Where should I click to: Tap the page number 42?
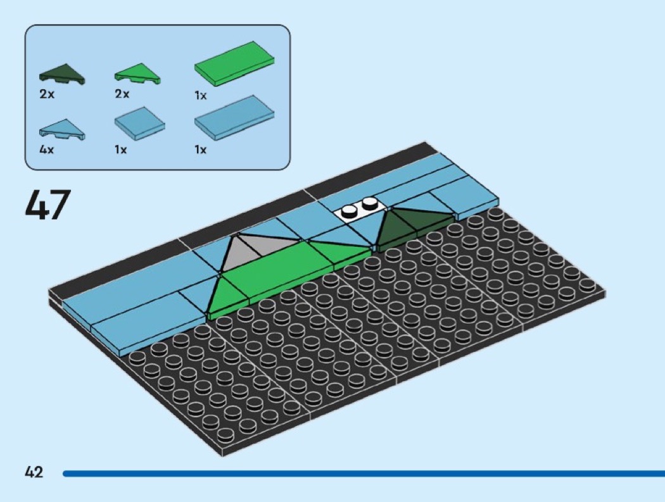click(x=34, y=472)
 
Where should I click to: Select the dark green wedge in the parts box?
click(x=61, y=75)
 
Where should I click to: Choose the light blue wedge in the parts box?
click(x=61, y=130)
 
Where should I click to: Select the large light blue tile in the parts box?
click(x=235, y=118)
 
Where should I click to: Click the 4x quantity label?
click(x=46, y=150)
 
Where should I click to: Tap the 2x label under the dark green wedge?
click(x=46, y=94)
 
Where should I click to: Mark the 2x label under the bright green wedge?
click(x=122, y=94)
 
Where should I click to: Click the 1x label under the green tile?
click(x=200, y=96)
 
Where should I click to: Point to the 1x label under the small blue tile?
click(x=121, y=150)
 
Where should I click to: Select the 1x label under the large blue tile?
click(x=200, y=150)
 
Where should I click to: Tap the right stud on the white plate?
click(x=370, y=204)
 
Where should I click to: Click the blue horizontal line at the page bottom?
click(x=361, y=473)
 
